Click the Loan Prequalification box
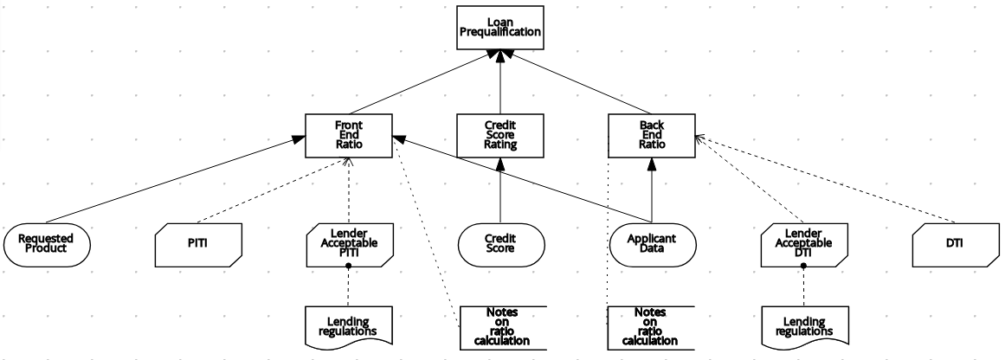499,28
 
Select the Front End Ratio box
348,135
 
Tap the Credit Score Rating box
499,135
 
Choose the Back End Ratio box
651,135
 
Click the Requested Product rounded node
47,243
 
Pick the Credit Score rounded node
499,243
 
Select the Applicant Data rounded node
651,243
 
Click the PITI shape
197,243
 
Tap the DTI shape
953,243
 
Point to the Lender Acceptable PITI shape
348,243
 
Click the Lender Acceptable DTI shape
802,243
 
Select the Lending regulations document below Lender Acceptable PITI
348,325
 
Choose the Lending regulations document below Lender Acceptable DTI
802,325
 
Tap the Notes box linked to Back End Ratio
651,325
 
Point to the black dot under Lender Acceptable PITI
348,266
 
